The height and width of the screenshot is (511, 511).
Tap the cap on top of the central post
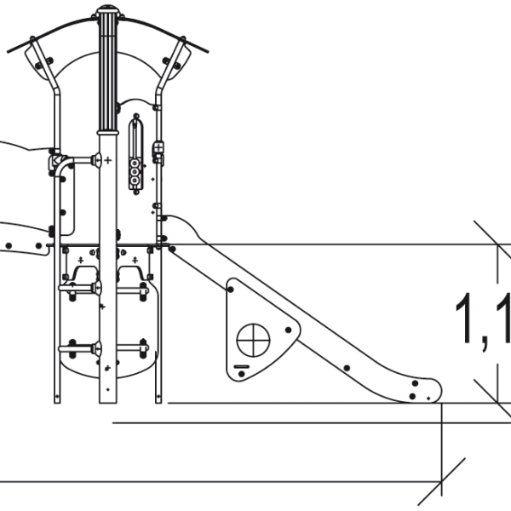point(107,11)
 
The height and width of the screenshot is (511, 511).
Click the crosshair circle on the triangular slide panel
point(253,342)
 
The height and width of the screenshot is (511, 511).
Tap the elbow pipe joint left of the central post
point(61,161)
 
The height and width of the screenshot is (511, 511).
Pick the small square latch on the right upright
point(158,150)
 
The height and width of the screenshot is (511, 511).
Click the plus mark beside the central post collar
point(108,160)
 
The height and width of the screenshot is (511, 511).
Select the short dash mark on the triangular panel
point(242,367)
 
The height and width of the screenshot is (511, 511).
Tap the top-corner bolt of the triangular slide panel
point(230,290)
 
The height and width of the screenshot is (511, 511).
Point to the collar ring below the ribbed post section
point(107,131)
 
